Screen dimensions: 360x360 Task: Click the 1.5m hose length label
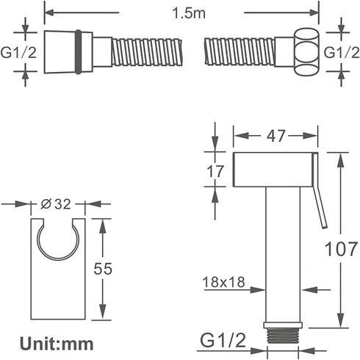[189, 13]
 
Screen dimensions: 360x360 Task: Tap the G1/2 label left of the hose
[18, 52]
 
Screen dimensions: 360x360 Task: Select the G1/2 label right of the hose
[342, 52]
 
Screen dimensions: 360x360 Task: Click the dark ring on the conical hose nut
[78, 52]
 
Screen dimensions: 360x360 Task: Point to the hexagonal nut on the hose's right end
[306, 52]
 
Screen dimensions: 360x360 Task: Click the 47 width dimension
[276, 135]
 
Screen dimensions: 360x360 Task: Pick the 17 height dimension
[215, 171]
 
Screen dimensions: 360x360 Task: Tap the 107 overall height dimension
[341, 249]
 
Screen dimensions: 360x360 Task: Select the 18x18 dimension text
[223, 282]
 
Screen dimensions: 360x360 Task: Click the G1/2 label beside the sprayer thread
[223, 340]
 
